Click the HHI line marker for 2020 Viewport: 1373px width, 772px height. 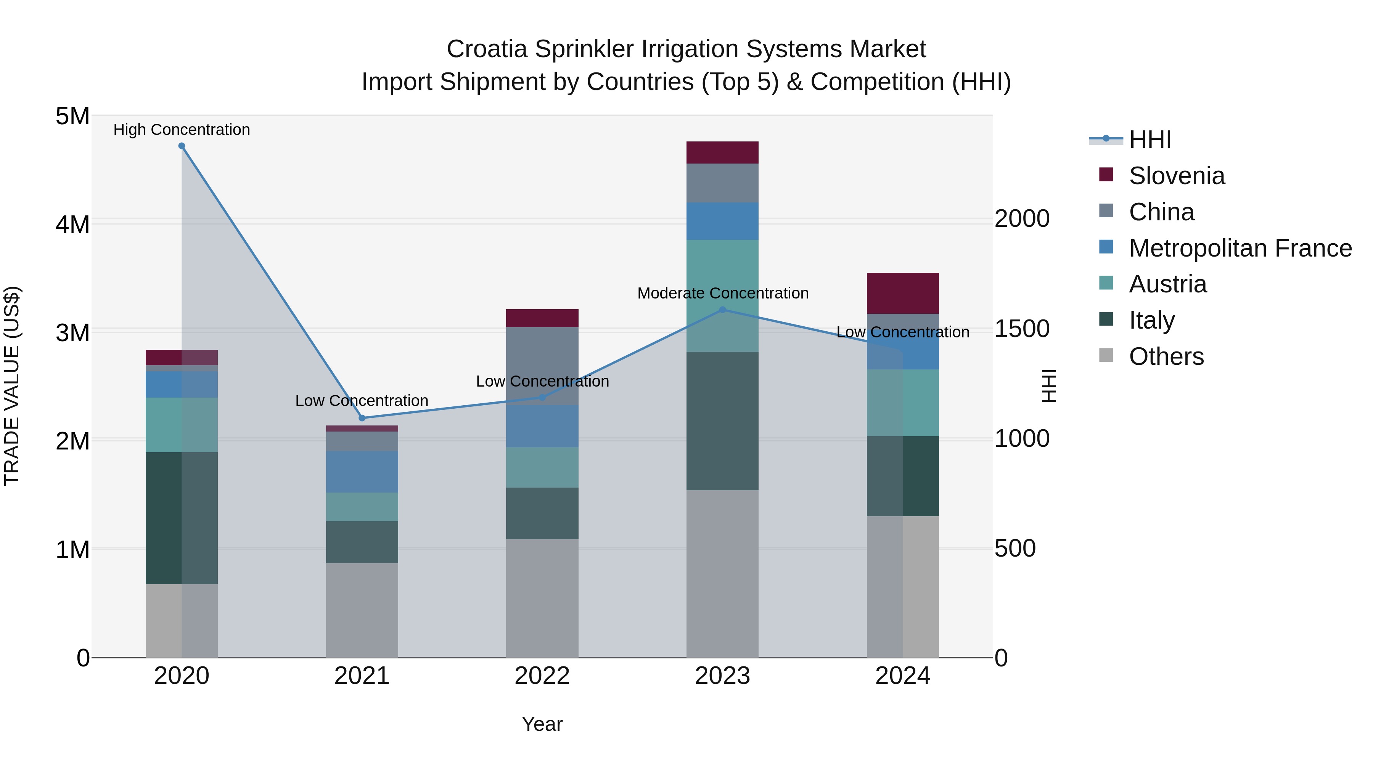coord(182,146)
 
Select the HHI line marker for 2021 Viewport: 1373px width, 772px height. coord(362,418)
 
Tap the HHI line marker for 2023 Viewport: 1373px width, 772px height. coord(723,310)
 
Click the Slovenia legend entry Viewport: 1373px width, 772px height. coord(1176,176)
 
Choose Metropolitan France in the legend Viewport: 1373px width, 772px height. coord(1240,248)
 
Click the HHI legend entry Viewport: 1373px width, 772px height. coord(1150,140)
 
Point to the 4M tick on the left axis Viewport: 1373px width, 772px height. coord(72,224)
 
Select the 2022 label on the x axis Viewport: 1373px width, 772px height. coord(542,676)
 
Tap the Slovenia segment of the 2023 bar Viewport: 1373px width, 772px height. coord(722,153)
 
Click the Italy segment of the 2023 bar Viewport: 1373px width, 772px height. coord(722,421)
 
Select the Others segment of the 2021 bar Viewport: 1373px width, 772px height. coord(362,610)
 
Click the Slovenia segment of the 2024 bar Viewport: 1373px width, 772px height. coord(902,294)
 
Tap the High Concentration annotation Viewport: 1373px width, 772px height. coord(182,130)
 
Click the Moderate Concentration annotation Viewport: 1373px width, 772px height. coord(723,293)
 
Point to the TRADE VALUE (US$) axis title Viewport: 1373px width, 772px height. coord(12,386)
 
